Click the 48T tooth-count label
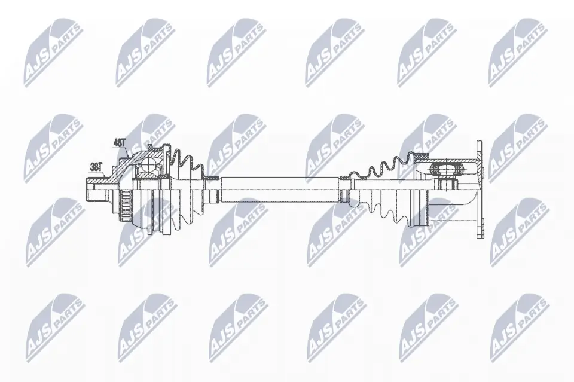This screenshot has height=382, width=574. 119,143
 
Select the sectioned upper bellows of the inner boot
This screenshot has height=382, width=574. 383,165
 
